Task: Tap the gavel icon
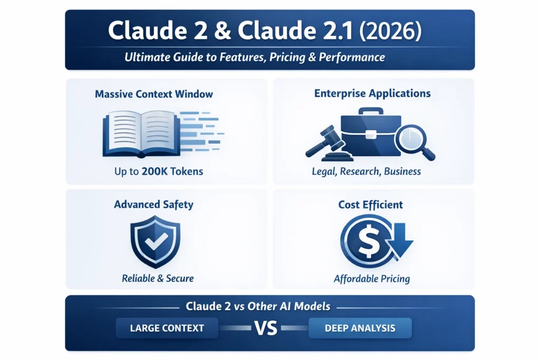[321, 141]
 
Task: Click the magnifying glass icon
[414, 140]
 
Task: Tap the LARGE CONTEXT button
[167, 328]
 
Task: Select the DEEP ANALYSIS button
[360, 328]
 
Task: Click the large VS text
[265, 328]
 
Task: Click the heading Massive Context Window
[154, 94]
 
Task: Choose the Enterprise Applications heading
[372, 93]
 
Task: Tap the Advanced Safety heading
[153, 204]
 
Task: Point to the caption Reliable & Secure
[158, 278]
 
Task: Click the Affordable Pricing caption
[372, 278]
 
